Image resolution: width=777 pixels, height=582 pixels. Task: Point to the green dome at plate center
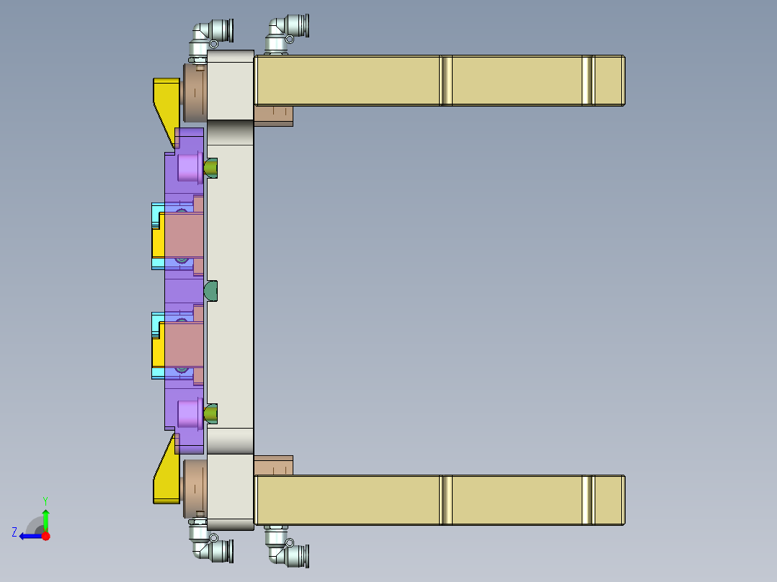click(211, 291)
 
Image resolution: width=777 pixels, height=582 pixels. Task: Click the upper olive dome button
click(210, 168)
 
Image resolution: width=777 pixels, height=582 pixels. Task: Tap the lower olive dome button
click(210, 413)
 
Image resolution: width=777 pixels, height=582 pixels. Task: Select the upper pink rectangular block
click(185, 234)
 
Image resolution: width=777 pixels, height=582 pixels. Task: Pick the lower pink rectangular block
click(185, 344)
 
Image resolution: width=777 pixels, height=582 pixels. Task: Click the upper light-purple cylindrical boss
click(190, 167)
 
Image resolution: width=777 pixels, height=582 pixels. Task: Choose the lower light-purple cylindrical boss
click(190, 413)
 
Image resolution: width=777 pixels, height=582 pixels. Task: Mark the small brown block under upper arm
click(274, 115)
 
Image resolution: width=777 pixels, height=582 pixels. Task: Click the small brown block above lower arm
click(274, 465)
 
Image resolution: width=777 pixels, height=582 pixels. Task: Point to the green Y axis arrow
click(45, 518)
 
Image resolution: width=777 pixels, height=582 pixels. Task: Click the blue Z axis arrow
click(29, 536)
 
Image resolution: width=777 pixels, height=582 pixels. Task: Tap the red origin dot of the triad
click(45, 536)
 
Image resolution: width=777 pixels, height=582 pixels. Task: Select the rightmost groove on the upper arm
click(587, 81)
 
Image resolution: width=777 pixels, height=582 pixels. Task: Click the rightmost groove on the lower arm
click(587, 501)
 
